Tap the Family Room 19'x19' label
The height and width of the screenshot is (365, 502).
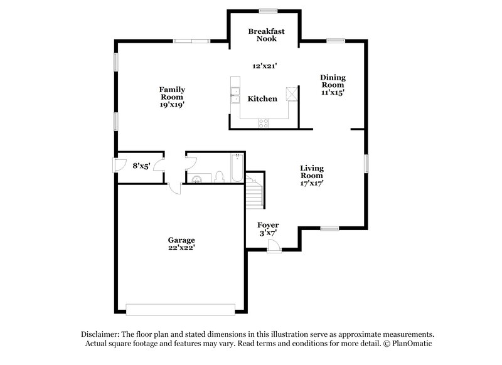click(x=171, y=97)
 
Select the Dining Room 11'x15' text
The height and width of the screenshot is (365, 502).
click(x=333, y=85)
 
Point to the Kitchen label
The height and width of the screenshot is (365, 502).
click(x=262, y=99)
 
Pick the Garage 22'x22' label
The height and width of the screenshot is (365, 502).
click(x=181, y=244)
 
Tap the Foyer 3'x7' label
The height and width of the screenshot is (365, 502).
click(x=268, y=229)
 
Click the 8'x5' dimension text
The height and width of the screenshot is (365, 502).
click(x=141, y=166)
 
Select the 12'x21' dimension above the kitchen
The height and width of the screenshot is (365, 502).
click(x=265, y=65)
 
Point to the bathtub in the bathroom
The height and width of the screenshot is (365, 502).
click(x=237, y=167)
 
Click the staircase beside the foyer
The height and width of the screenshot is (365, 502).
click(x=254, y=191)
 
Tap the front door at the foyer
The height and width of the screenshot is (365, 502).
click(x=274, y=248)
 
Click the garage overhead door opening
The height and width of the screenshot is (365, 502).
click(x=180, y=309)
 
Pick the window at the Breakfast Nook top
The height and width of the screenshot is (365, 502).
click(x=269, y=10)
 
